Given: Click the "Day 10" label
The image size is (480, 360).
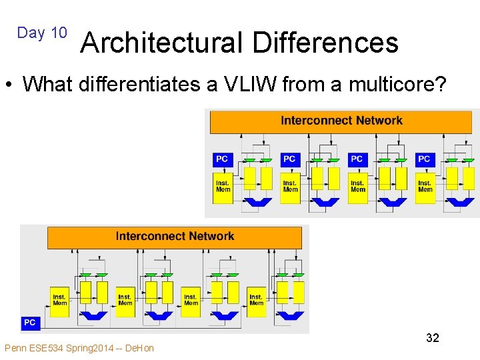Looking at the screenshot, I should point(42,33).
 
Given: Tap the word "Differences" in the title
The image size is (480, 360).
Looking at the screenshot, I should point(326,43).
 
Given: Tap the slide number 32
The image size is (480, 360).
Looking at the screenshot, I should point(433,338).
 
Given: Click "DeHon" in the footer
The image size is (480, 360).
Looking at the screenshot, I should point(139,348).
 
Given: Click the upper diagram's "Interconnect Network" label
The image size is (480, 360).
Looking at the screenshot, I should point(341,121).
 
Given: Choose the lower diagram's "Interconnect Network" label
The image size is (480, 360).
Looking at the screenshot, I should point(175,236).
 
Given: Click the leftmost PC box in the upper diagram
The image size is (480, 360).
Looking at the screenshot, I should point(222,159).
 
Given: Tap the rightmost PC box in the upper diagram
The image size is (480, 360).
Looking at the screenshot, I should point(424,159).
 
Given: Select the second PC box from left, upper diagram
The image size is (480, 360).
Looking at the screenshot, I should point(289,159).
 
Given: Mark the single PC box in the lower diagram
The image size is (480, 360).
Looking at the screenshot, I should point(30,323).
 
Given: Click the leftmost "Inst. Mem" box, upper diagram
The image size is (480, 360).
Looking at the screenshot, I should point(223,186).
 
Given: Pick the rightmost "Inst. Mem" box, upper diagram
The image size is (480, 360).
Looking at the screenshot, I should point(425,186).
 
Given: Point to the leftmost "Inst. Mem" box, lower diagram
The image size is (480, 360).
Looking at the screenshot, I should point(59,300).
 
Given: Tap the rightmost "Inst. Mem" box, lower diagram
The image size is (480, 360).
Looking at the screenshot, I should point(256,300).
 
